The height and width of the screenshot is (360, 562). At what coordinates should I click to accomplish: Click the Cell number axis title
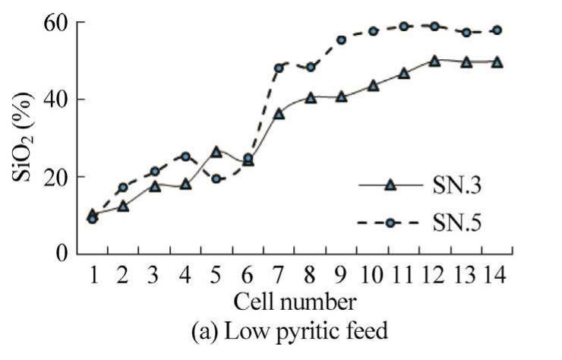point(294,302)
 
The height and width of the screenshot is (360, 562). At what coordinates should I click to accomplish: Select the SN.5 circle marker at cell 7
point(279,68)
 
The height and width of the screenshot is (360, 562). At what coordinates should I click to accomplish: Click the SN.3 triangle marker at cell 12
point(434,61)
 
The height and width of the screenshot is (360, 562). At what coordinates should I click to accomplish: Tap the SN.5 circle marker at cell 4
point(185,156)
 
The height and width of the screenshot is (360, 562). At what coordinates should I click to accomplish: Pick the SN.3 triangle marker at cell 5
point(216,152)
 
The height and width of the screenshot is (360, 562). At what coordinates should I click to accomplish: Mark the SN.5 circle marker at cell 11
point(403,27)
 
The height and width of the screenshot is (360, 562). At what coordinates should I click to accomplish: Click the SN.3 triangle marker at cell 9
point(341,96)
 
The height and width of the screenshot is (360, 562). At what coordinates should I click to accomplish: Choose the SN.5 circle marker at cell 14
point(497,30)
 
